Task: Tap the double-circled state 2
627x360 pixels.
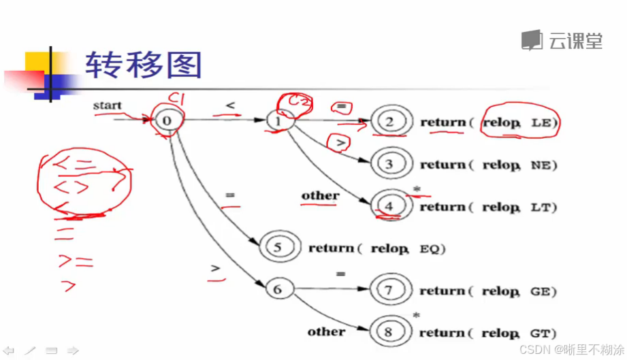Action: pos(390,122)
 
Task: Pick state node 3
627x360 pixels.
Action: pos(389,164)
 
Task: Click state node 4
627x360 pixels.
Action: pos(389,206)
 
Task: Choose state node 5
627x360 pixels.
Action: pos(277,248)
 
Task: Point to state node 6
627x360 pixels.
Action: pos(277,289)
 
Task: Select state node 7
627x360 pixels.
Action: pos(389,291)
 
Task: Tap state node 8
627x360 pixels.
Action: pos(389,333)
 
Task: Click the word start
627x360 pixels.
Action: pos(108,105)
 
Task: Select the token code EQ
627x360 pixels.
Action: pos(432,249)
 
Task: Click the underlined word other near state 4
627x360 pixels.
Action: pos(321,196)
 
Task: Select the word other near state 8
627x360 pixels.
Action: pos(326,331)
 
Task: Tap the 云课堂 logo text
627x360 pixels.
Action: pos(575,42)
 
